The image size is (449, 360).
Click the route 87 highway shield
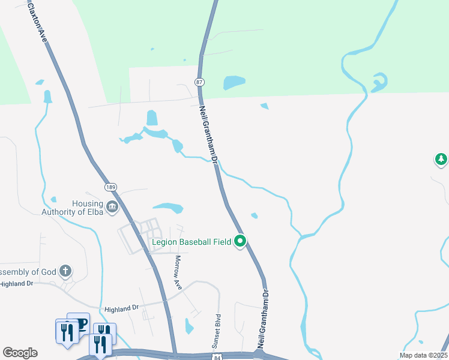pos(200,82)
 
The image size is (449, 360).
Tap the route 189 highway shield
pos(110,187)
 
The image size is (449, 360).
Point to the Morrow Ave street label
pos(178,272)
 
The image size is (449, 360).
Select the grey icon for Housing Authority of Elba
pos(112,208)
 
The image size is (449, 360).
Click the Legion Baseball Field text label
pos(191,242)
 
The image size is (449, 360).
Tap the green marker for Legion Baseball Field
pos(240,241)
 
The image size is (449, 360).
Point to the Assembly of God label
pos(28,272)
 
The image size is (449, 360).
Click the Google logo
pos(20,353)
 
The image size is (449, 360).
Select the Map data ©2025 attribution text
pos(423,355)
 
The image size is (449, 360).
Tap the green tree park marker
pos(441,159)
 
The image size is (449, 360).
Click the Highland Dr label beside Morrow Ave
pos(122,308)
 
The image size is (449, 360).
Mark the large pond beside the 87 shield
pos(234,82)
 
